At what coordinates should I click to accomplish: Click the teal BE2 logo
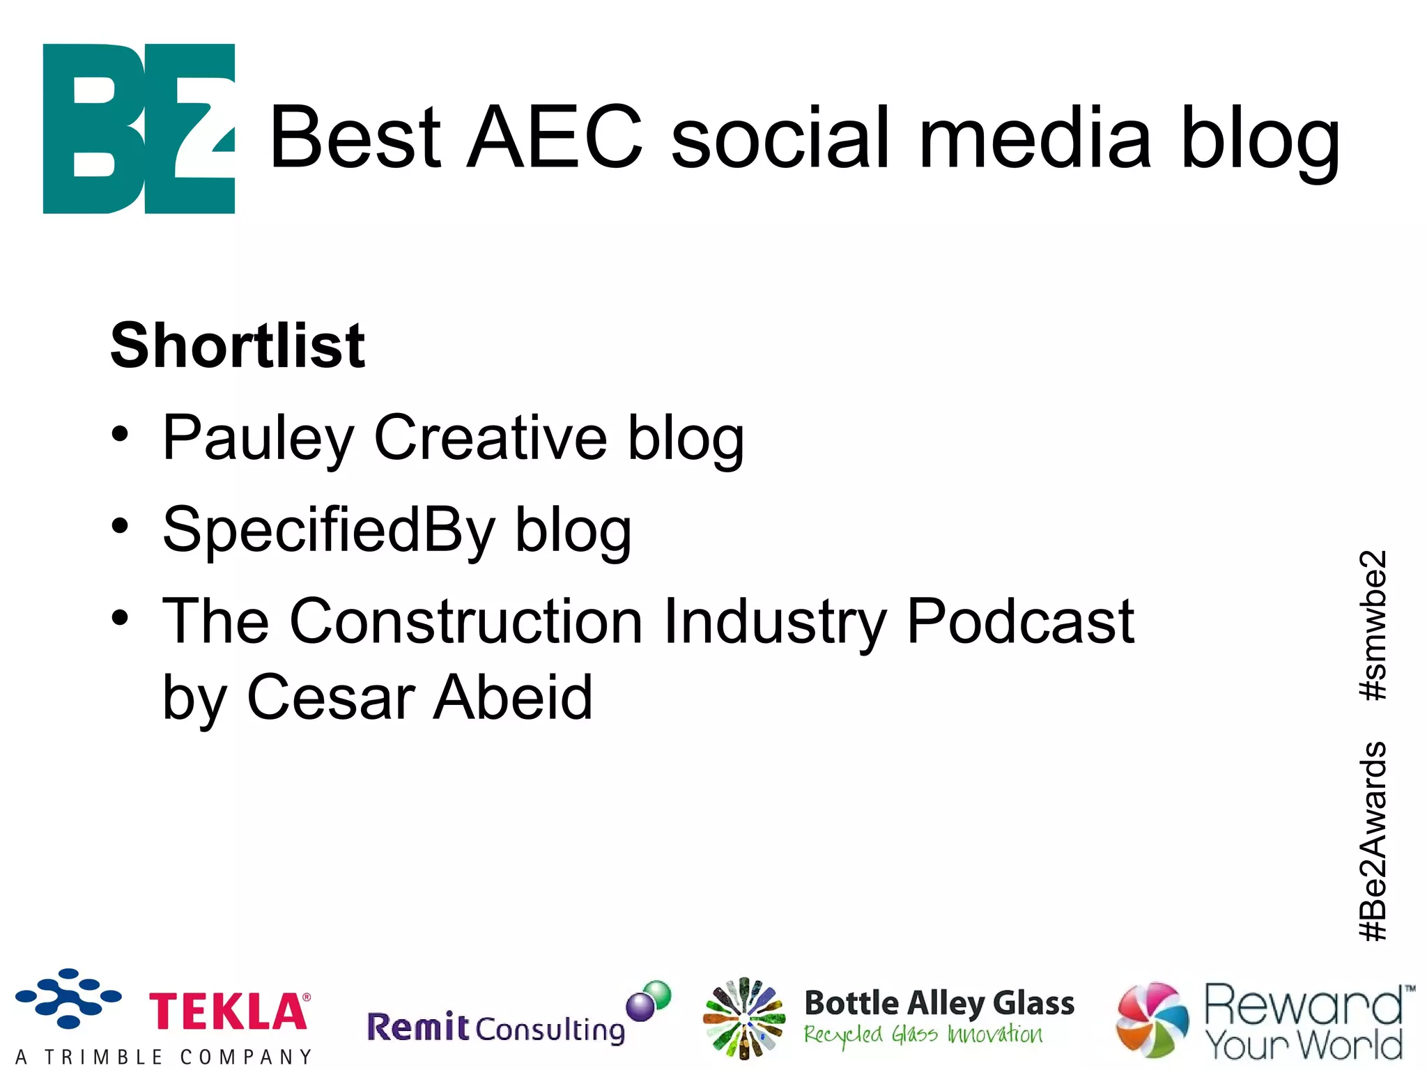(x=139, y=129)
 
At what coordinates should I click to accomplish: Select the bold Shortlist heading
(x=238, y=346)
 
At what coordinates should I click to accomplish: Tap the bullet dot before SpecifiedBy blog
(x=120, y=525)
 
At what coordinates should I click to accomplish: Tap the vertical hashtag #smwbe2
(x=1373, y=625)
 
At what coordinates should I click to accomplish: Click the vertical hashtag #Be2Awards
(x=1373, y=841)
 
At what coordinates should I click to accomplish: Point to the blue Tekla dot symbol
(x=68, y=998)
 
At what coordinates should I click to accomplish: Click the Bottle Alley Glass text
(x=939, y=1004)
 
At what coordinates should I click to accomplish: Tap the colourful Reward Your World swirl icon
(x=1152, y=1019)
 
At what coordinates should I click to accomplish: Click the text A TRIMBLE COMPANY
(x=164, y=1057)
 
